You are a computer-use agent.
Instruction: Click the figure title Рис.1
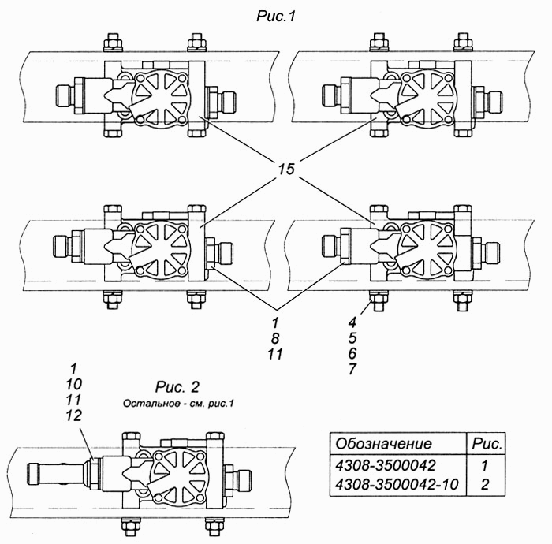[x=276, y=17]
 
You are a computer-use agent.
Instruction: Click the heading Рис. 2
[x=177, y=387]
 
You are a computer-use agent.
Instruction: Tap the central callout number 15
[x=286, y=169]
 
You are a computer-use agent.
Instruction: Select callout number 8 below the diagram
[x=275, y=338]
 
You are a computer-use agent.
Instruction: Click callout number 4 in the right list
[x=352, y=322]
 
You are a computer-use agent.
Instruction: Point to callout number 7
[x=352, y=369]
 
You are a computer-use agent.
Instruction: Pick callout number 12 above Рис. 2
[x=73, y=415]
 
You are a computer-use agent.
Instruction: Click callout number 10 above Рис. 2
[x=73, y=384]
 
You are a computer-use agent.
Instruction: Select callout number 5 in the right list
[x=352, y=337]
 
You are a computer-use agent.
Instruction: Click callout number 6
[x=352, y=353]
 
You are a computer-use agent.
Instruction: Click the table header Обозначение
[x=383, y=443]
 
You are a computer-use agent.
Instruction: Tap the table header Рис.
[x=487, y=443]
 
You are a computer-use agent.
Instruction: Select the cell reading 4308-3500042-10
[x=397, y=485]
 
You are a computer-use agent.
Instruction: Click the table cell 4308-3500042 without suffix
[x=386, y=465]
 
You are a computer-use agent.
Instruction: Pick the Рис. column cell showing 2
[x=485, y=485]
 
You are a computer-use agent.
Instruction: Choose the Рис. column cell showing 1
[x=485, y=465]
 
